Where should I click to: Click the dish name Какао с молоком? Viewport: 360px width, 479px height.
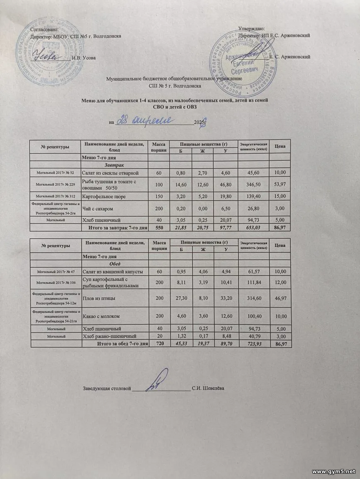(101, 317)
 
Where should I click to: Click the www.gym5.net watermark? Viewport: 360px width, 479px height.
(333, 472)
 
